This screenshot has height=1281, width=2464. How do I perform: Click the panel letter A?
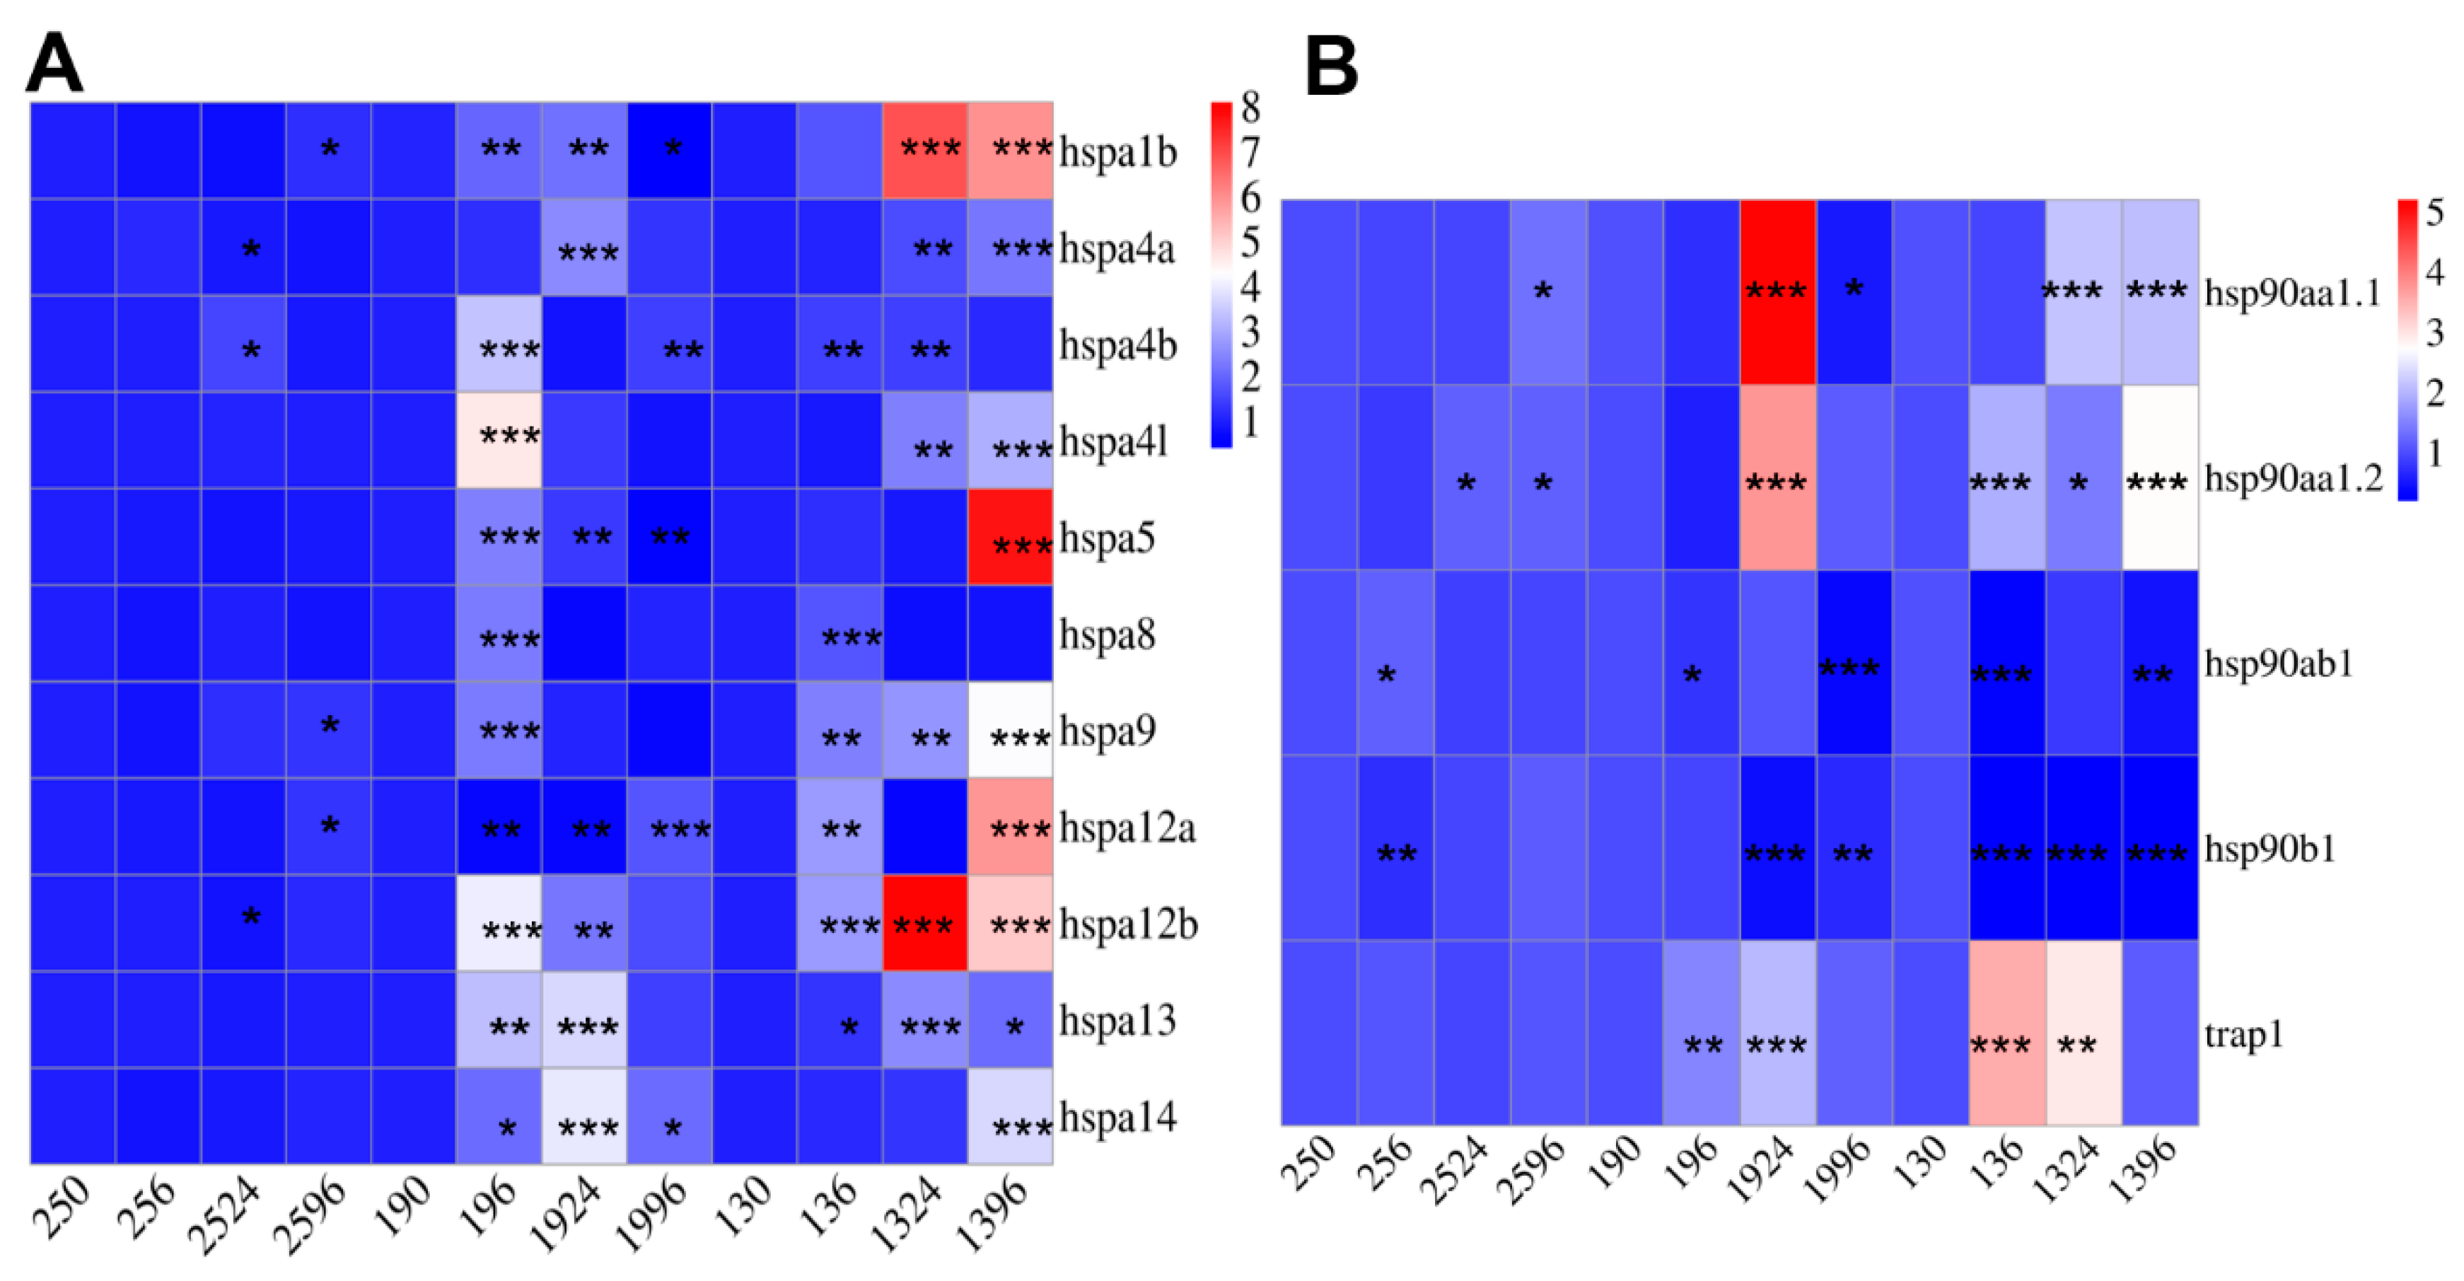pos(54,62)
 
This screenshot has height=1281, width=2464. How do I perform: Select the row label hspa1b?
pos(1117,151)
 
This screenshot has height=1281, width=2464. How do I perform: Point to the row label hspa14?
pos(1117,1116)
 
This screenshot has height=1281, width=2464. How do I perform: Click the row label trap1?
pos(2243,1034)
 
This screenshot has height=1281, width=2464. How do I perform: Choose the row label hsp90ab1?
pos(2279,663)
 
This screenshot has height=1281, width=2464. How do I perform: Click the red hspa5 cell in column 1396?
pos(1010,537)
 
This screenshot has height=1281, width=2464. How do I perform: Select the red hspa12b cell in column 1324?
pos(924,923)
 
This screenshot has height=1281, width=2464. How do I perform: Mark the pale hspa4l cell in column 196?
pos(499,440)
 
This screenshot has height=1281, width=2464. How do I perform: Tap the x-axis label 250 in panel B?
pos(1310,1162)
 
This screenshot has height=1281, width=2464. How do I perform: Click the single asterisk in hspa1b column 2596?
pos(329,149)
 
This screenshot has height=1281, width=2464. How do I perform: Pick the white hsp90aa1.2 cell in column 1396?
pos(2160,477)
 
